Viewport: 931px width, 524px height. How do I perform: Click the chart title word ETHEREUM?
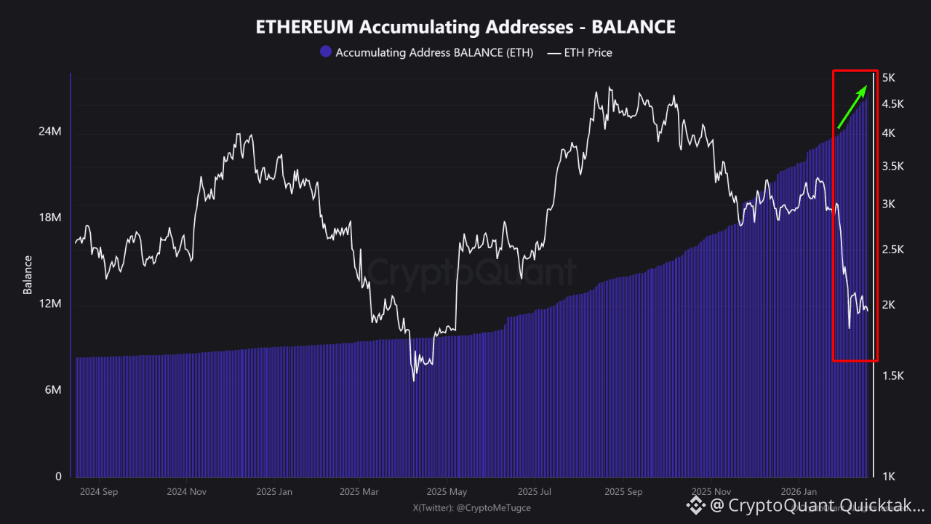[x=305, y=28]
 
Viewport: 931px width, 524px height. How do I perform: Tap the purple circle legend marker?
[x=326, y=52]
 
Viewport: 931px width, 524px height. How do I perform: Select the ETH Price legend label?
[x=588, y=52]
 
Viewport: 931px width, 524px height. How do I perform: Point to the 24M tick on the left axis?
[x=49, y=132]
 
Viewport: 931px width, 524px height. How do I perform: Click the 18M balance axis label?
[x=49, y=218]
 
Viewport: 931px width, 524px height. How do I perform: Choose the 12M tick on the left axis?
[x=49, y=304]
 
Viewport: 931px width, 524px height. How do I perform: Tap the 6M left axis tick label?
[x=52, y=391]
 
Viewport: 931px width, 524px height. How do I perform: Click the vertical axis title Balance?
[x=28, y=274]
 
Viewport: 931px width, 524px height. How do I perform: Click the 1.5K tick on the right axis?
[x=892, y=376]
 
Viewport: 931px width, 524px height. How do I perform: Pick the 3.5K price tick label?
[x=892, y=166]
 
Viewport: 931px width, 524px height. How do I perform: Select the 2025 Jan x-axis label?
[x=274, y=491]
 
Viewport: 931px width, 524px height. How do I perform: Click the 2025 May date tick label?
[x=447, y=491]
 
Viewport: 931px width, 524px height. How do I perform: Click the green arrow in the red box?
[x=852, y=106]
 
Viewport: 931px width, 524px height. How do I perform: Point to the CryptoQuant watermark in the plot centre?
[x=470, y=272]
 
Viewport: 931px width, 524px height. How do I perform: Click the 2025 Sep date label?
[x=623, y=491]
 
